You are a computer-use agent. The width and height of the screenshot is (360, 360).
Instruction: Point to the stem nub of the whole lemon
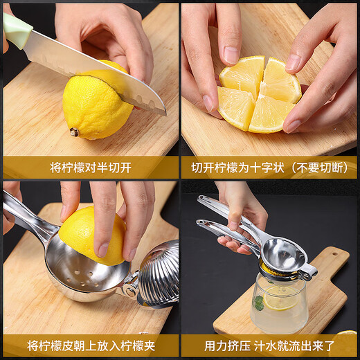(x=74, y=132)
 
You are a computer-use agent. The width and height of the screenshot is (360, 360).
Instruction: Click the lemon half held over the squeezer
(x=90, y=235)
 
